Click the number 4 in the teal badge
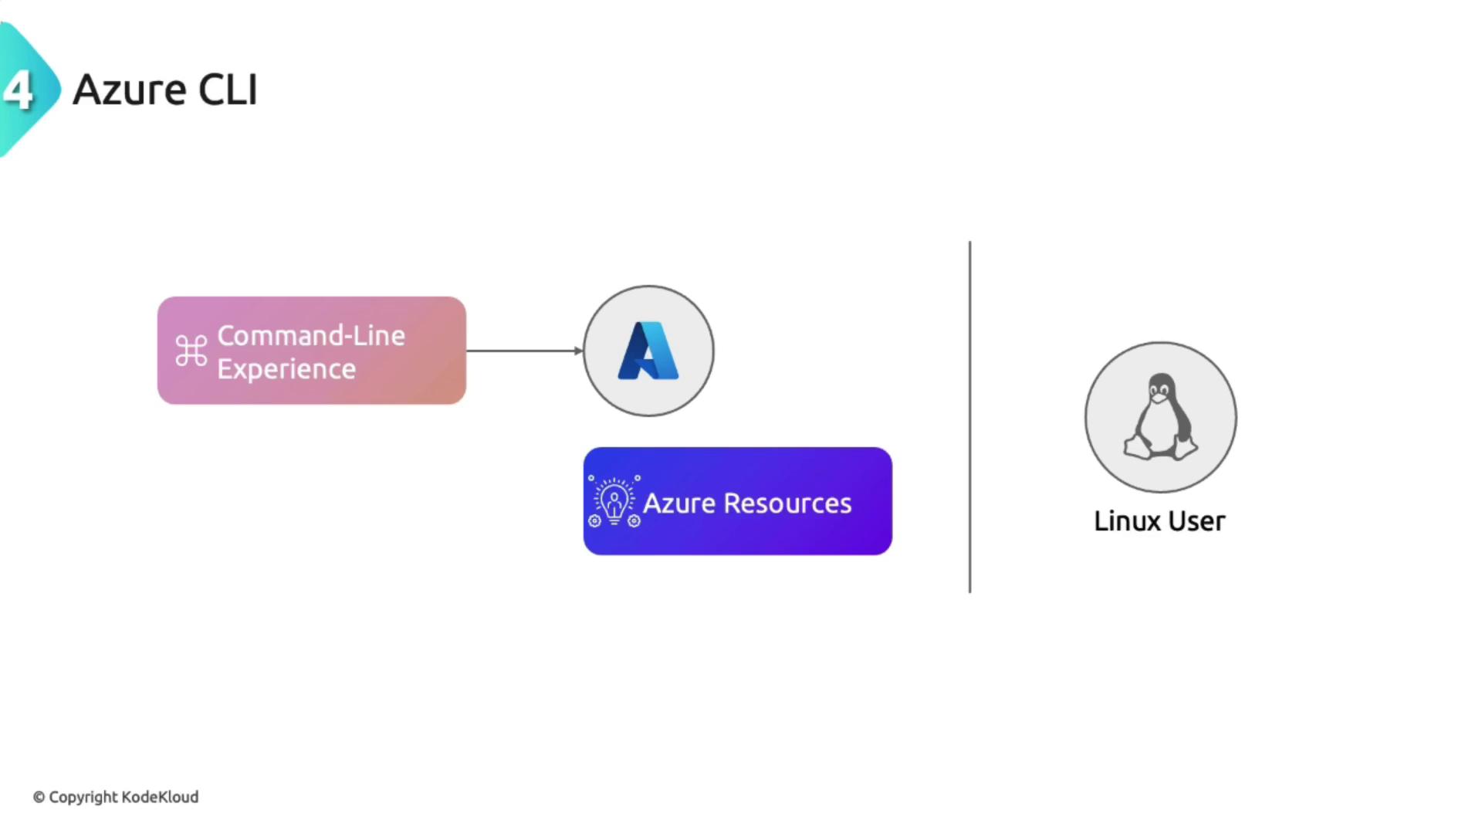pos(19,90)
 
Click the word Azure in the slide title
pos(130,90)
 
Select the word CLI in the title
pos(228,90)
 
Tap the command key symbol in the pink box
pos(191,351)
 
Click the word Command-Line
pos(310,336)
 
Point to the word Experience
pos(286,369)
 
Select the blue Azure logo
pos(648,351)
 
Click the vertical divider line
pos(969,417)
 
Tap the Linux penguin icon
pos(1160,417)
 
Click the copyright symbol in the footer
pos(39,797)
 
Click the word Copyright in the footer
pos(83,797)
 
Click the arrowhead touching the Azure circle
pos(579,351)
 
